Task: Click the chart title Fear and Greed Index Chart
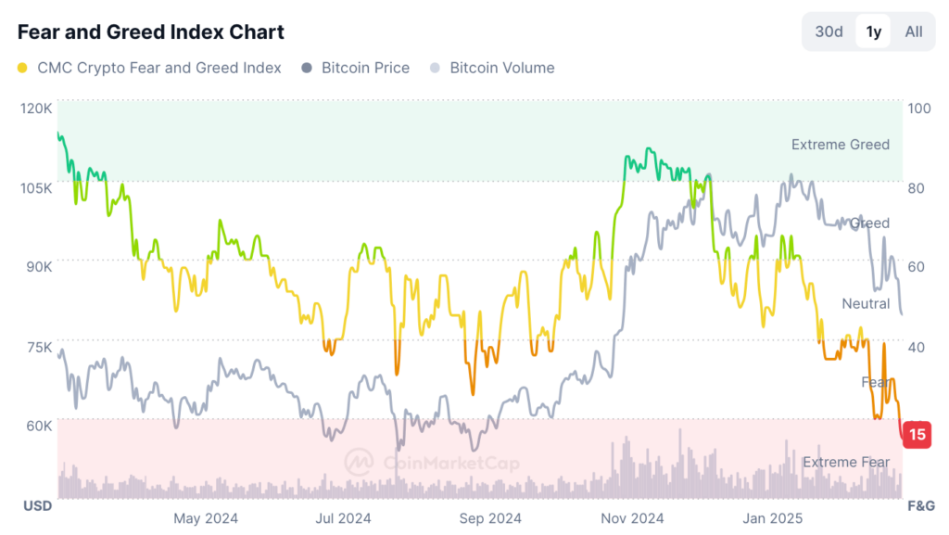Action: [x=151, y=32]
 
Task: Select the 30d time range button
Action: [x=829, y=32]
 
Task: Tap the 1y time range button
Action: [x=873, y=32]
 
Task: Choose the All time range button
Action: [x=914, y=32]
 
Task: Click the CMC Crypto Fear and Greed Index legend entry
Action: [x=158, y=68]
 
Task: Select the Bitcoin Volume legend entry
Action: [x=501, y=68]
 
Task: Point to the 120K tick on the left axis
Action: [x=36, y=108]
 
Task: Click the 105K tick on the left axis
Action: [x=36, y=188]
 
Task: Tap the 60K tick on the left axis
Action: [x=38, y=427]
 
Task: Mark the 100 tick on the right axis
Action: [x=919, y=108]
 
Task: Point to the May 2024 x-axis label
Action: [x=206, y=518]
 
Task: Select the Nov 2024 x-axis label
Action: [x=632, y=518]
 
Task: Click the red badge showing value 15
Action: [x=917, y=434]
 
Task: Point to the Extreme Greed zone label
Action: [x=840, y=145]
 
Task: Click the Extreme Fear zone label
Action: [x=845, y=462]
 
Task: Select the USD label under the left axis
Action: [x=37, y=505]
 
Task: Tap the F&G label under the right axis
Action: [x=919, y=505]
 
